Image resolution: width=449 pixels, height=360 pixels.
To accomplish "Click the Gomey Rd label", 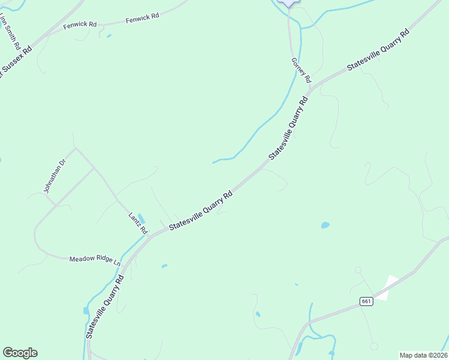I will [301, 70].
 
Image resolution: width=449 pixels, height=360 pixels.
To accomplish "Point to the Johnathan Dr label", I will [53, 176].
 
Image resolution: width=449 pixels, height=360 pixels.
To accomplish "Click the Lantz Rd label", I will [137, 223].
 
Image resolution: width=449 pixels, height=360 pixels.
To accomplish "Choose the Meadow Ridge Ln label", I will [95, 260].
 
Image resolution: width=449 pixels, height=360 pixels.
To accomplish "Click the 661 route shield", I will [366, 301].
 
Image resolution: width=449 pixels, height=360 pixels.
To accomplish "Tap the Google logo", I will [20, 353].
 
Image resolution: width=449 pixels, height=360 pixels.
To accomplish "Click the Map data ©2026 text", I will [423, 355].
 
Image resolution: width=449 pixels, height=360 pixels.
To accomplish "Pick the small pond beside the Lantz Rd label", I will [141, 218].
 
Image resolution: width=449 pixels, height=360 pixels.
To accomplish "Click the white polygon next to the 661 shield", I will [387, 287].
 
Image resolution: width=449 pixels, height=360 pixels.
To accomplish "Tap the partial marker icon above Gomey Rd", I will [290, 2].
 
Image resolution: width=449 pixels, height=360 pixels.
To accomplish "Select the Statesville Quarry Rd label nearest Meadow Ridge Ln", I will [106, 307].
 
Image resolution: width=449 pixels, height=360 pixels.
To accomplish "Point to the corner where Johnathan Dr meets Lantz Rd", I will [75, 147].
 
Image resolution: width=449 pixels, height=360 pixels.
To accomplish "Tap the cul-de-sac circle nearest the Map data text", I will [374, 346].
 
